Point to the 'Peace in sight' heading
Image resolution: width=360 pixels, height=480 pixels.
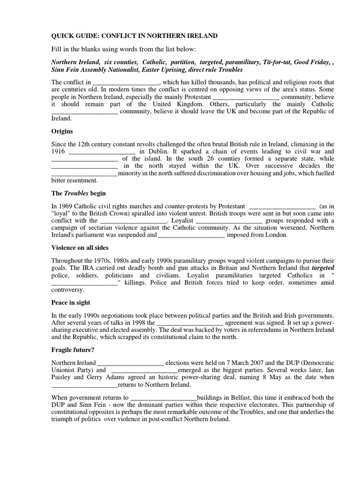click(70, 303)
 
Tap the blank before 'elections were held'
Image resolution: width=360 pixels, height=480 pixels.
click(130, 362)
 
